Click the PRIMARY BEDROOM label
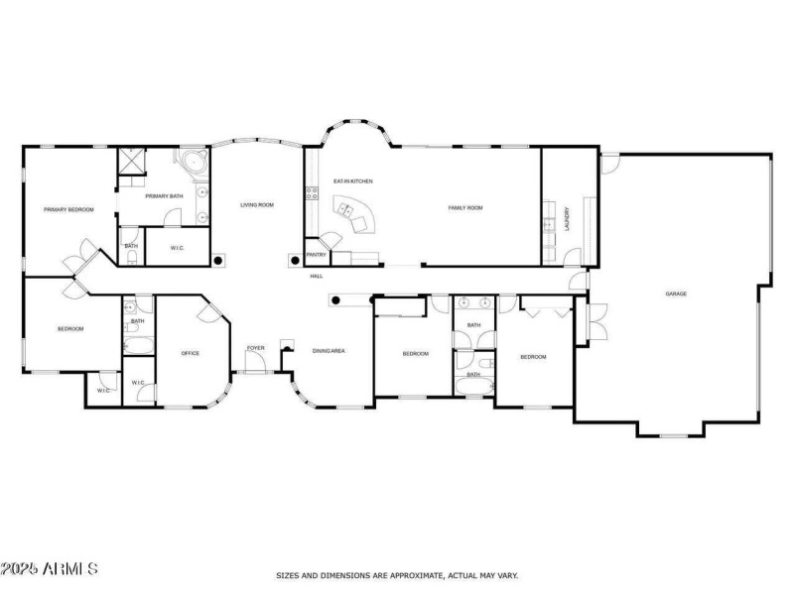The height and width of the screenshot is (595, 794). (x=68, y=209)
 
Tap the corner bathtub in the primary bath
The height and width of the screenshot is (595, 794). (x=193, y=163)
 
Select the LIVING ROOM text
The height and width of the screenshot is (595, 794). (x=257, y=205)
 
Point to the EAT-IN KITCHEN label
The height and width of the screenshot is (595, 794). (x=353, y=181)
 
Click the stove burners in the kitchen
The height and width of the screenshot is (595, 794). (x=312, y=192)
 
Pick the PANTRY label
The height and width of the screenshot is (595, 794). (x=317, y=255)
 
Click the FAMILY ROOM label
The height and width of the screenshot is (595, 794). (x=465, y=208)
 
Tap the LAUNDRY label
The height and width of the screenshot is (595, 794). (x=567, y=218)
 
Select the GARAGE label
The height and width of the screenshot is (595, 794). (x=676, y=294)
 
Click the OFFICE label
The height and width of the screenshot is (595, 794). (x=191, y=353)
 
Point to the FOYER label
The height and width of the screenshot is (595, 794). (x=256, y=348)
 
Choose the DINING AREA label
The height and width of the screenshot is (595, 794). (x=329, y=351)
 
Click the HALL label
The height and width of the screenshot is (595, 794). (x=317, y=277)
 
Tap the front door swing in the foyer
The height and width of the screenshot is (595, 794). (x=255, y=361)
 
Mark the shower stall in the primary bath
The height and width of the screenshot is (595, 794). (x=132, y=162)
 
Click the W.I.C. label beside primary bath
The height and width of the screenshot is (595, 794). (x=178, y=248)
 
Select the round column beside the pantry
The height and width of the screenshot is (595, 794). (x=295, y=261)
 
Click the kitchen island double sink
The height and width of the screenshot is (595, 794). (x=346, y=209)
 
